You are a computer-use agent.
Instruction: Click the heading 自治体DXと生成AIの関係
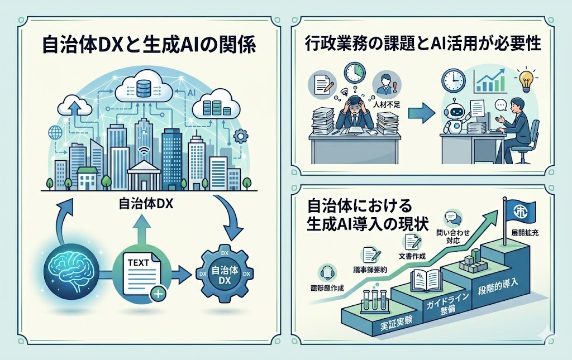coord(148,45)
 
